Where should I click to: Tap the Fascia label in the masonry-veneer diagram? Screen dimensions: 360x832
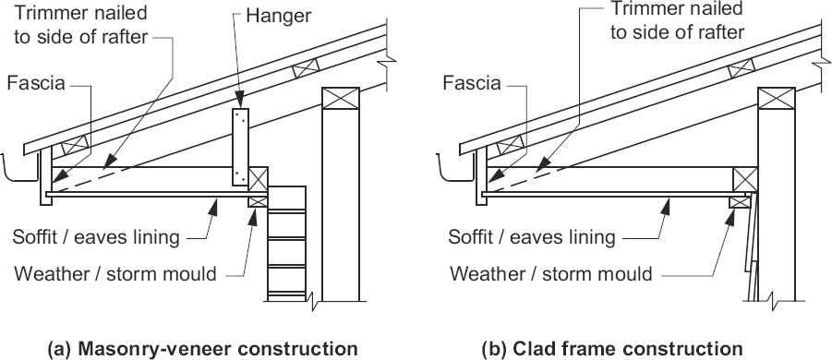(x=36, y=84)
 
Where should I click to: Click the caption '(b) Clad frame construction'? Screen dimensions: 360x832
(x=612, y=348)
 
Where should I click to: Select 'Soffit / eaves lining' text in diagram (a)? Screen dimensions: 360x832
(x=96, y=237)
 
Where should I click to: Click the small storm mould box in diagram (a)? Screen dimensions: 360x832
(x=258, y=201)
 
